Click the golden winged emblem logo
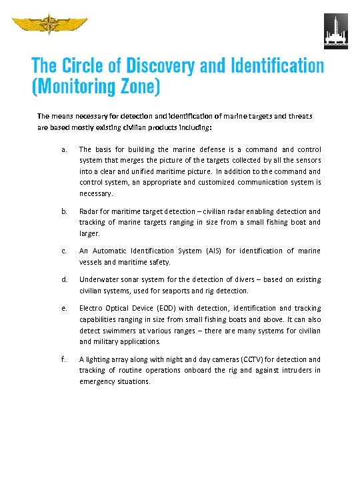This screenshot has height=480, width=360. click(x=50, y=25)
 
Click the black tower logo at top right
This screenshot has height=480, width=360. click(x=335, y=31)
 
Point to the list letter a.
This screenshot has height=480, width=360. click(x=63, y=150)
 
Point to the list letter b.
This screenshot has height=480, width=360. click(x=63, y=211)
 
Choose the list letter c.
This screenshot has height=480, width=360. click(x=63, y=251)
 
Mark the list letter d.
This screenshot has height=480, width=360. click(x=63, y=280)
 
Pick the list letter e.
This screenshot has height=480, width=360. click(x=63, y=309)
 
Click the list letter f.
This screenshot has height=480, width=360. click(x=63, y=359)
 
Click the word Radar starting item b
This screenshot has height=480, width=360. click(x=89, y=211)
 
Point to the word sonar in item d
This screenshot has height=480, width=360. click(x=132, y=280)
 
